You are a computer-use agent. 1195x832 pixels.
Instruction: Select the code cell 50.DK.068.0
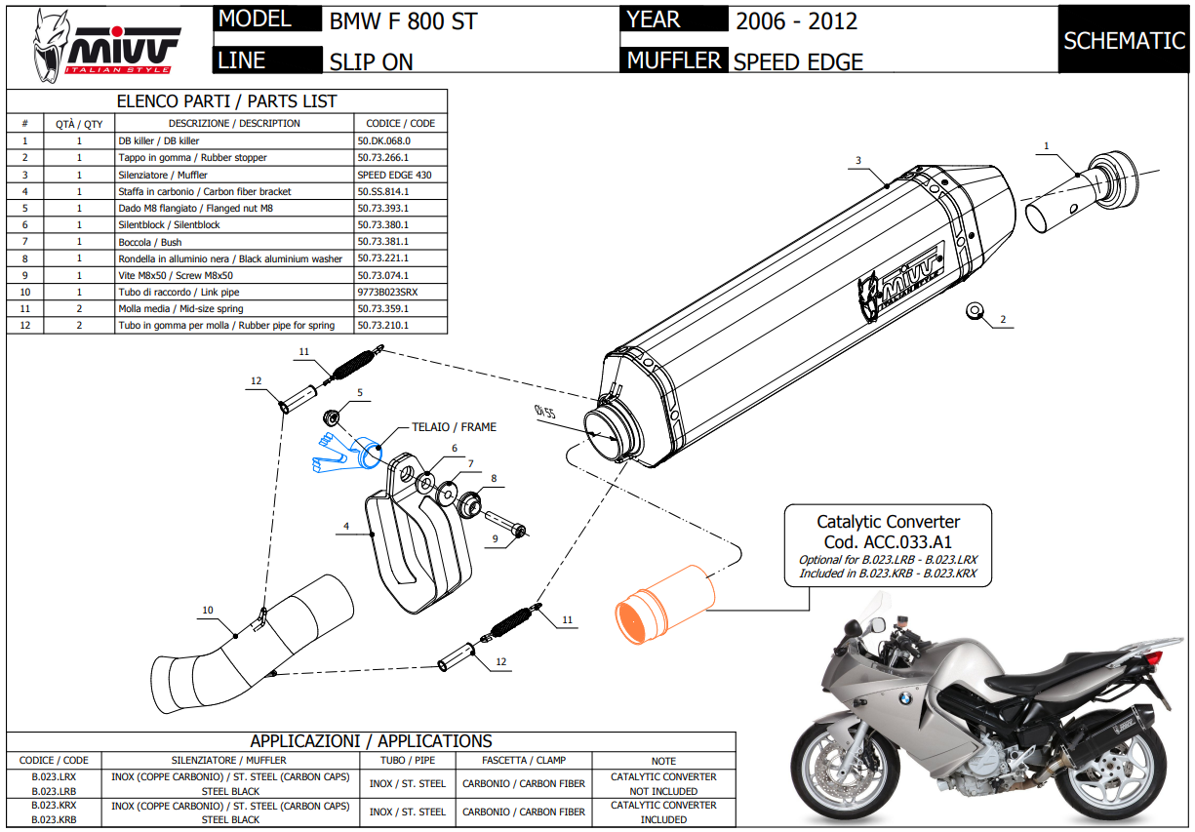(384, 140)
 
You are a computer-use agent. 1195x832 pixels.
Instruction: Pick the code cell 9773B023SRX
(388, 293)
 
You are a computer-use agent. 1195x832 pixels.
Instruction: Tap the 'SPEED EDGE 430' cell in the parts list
(395, 175)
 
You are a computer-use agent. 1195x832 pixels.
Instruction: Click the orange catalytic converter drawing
(664, 605)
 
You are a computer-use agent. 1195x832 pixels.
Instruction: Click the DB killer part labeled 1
(1083, 192)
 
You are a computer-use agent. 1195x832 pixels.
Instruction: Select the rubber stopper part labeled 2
(975, 311)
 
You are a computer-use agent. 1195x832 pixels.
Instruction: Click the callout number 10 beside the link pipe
(208, 611)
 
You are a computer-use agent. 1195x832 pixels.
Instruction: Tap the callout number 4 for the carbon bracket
(346, 526)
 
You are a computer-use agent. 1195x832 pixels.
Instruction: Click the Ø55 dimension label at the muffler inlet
(544, 412)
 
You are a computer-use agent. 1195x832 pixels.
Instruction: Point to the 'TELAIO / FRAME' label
(454, 427)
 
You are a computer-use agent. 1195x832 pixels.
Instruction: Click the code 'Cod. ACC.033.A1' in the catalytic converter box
(888, 542)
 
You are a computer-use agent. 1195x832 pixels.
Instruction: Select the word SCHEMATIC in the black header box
(1124, 41)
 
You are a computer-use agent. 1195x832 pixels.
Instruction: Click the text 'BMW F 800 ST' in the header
(403, 21)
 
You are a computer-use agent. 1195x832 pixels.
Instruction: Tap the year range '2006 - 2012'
(796, 21)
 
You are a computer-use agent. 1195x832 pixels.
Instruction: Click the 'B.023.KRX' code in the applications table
(54, 806)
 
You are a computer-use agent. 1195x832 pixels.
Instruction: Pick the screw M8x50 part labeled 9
(505, 523)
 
